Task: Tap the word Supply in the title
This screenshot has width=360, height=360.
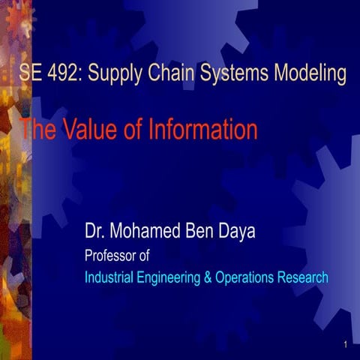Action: pos(118,74)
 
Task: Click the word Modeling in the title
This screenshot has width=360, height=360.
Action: pos(313,74)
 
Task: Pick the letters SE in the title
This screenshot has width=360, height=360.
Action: pos(31,74)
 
